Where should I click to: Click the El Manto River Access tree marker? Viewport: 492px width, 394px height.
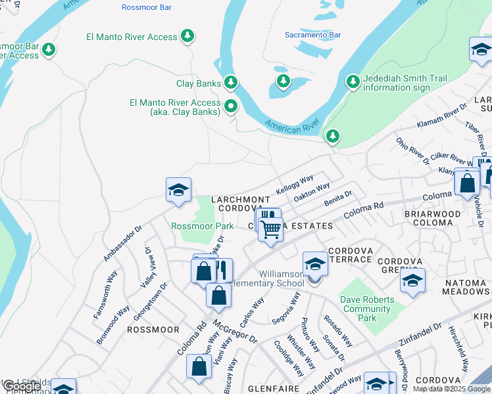(x=188, y=35)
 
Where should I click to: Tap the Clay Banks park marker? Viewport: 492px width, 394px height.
(x=230, y=83)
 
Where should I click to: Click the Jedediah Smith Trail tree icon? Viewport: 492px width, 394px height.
(x=353, y=81)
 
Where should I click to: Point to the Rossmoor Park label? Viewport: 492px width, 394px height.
(x=202, y=226)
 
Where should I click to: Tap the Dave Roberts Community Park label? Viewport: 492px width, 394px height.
(x=368, y=309)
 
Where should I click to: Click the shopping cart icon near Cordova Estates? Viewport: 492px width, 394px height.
(x=270, y=230)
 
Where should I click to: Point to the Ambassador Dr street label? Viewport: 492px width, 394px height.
(x=123, y=244)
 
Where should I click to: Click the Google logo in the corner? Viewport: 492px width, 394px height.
(x=21, y=387)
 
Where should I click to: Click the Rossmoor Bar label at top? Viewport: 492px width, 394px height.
(x=146, y=7)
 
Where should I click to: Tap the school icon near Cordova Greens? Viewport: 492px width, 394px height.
(x=412, y=280)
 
